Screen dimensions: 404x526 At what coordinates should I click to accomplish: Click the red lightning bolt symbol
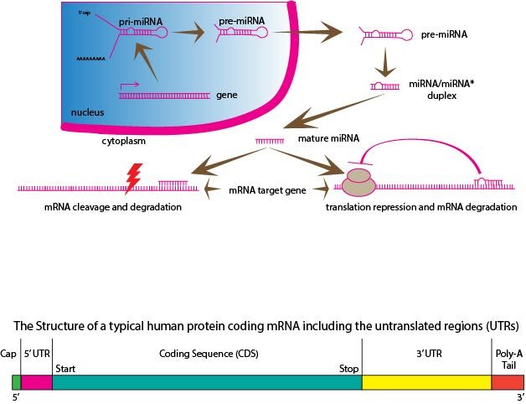tap(131, 177)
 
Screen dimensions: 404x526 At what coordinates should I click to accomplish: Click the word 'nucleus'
tap(86, 111)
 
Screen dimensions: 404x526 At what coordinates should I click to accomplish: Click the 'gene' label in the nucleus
tap(227, 96)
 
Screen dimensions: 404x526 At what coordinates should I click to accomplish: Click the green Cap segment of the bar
tap(16, 382)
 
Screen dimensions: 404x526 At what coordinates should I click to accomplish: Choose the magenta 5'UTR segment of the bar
tap(36, 382)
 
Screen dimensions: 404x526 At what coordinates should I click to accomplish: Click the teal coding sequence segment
tap(206, 382)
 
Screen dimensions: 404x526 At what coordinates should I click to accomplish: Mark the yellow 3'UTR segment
tap(425, 382)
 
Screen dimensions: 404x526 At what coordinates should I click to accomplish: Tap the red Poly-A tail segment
tap(507, 382)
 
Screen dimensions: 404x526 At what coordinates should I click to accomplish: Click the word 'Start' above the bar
tap(66, 368)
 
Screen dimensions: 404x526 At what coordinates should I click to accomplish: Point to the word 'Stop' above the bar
tap(348, 368)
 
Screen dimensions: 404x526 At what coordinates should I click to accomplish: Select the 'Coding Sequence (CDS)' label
tap(206, 354)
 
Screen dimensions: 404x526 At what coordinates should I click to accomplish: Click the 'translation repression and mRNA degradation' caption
tap(420, 206)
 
